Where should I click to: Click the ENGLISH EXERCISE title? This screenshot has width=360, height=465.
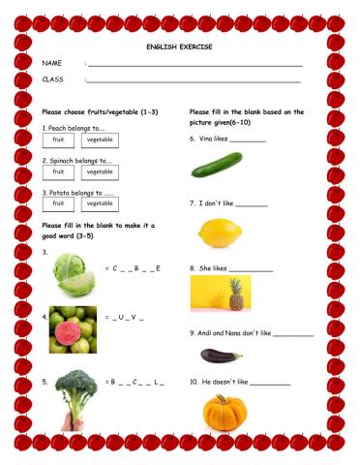tap(179, 46)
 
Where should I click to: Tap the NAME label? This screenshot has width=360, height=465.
tap(51, 63)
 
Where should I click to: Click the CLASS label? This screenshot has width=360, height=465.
tap(52, 79)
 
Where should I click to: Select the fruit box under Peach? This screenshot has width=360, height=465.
tap(57, 139)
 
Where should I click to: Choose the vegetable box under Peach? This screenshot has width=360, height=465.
tap(100, 139)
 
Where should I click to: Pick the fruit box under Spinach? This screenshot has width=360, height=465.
tap(57, 171)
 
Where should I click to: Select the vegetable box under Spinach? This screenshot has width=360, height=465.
tap(100, 171)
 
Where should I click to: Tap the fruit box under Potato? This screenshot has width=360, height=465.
tap(57, 203)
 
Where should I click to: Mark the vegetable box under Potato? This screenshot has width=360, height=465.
tap(100, 203)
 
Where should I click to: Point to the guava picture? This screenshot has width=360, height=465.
tap(73, 328)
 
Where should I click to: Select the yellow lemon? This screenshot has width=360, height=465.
tap(218, 232)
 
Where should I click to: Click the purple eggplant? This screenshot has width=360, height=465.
tap(219, 356)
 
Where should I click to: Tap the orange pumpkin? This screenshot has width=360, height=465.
tap(224, 413)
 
